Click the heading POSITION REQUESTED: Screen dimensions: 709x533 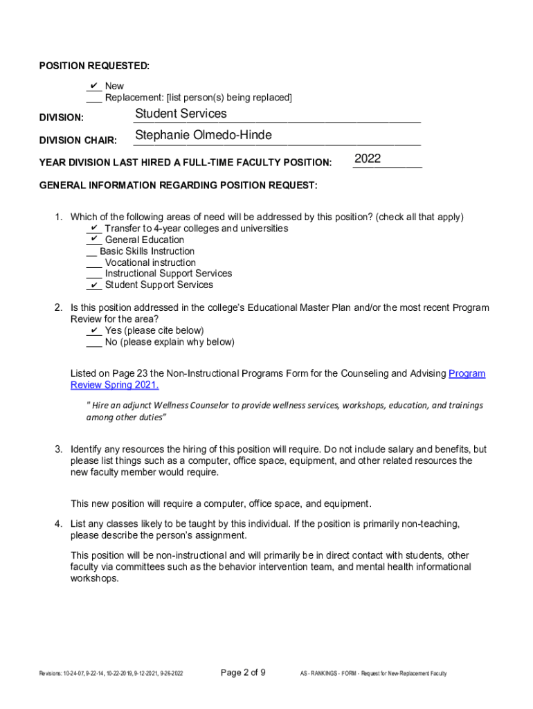tap(94, 66)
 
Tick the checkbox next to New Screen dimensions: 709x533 tap(93, 86)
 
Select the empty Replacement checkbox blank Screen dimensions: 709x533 tap(93, 98)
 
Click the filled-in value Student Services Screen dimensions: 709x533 tap(181, 114)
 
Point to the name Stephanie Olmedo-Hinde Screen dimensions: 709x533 tap(204, 135)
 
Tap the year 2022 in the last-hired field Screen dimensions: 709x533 tap(368, 159)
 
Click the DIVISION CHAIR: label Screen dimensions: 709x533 tap(78, 141)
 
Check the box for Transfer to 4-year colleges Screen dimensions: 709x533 tap(93, 228)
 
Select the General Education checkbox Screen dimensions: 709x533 tap(93, 240)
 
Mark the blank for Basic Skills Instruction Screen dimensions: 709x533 tap(91, 251)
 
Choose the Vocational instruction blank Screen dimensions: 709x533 tap(93, 262)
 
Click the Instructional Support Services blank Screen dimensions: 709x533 tap(93, 273)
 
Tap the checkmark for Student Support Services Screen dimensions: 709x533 tap(93, 285)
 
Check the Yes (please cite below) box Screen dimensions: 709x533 tap(93, 330)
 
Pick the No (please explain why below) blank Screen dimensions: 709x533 tap(93, 342)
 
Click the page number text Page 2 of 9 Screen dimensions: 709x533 tap(242, 672)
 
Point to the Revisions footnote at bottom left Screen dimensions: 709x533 tap(111, 673)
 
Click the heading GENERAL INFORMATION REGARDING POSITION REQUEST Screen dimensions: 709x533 tap(179, 186)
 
